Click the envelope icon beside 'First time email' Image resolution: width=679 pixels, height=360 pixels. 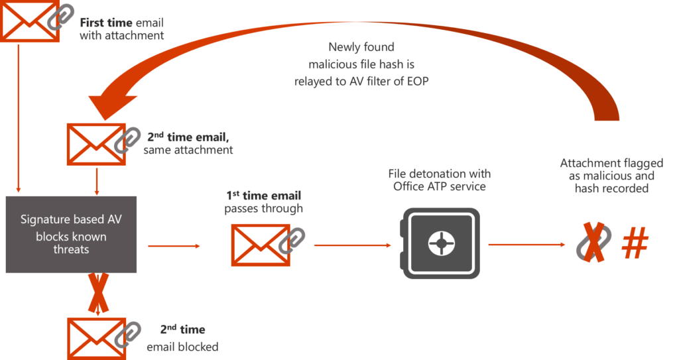pos(25,22)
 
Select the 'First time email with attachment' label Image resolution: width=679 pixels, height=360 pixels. pos(121,29)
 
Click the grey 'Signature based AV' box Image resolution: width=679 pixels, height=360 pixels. pos(70,234)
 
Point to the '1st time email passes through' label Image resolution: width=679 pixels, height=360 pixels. pos(263,202)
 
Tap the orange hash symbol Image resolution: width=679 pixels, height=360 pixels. pos(635,245)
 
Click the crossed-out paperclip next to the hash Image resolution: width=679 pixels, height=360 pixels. pos(593,244)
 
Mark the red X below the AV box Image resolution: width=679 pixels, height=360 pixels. pos(98,293)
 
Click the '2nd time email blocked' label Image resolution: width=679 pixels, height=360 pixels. pos(182,338)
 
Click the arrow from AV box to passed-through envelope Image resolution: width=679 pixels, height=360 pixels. pos(174,246)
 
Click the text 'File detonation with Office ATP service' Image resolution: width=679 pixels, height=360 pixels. pos(440,180)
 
